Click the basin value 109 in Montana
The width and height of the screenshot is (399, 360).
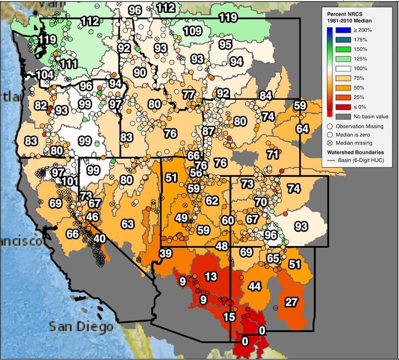(x=192, y=31)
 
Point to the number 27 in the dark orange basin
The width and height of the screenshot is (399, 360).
(x=291, y=302)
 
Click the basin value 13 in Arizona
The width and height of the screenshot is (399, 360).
(x=211, y=277)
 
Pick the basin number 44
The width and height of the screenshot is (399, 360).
(x=254, y=286)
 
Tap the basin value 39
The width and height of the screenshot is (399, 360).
(x=165, y=254)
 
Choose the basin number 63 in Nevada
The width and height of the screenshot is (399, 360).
(x=128, y=224)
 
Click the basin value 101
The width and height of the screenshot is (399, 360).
(x=70, y=181)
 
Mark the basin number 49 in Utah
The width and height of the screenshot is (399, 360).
(x=181, y=218)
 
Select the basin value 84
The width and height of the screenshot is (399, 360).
(x=266, y=95)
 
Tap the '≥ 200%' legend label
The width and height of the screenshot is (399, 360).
(x=363, y=30)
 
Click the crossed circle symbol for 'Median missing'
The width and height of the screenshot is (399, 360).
(x=343, y=143)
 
